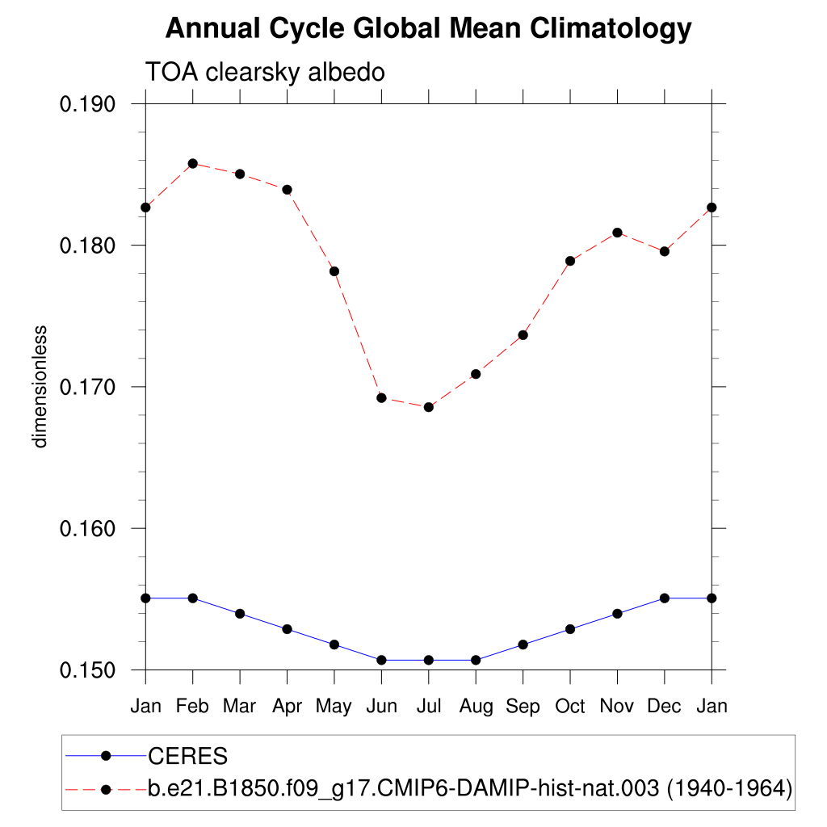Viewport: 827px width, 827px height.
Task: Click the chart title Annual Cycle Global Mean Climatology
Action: coord(428,29)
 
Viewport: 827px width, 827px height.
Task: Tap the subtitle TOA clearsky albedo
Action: coord(265,72)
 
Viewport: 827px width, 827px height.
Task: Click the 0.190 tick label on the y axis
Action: coord(89,104)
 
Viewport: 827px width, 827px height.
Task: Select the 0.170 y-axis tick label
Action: coord(89,387)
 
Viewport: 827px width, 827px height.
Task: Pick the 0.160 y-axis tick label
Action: coord(89,528)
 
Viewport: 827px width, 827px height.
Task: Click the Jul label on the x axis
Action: coord(429,707)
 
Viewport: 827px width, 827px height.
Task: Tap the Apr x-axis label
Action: coord(287,707)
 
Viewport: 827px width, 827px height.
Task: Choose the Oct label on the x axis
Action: coord(570,707)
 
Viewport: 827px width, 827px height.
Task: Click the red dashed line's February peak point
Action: coord(192,163)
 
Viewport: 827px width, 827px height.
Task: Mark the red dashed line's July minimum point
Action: coord(429,407)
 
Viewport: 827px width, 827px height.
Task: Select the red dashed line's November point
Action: coord(618,233)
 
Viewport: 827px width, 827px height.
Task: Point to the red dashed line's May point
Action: coord(334,271)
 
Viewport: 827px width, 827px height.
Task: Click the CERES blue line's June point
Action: coord(381,660)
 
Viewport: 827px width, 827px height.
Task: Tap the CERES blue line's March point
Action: coord(240,614)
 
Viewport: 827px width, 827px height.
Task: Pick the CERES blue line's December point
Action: coord(665,598)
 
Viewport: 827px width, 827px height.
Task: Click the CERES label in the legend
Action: coord(187,757)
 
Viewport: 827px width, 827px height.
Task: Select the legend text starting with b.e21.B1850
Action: coord(468,789)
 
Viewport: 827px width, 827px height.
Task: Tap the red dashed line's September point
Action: coord(523,335)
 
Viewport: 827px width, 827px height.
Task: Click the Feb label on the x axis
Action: coord(192,707)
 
